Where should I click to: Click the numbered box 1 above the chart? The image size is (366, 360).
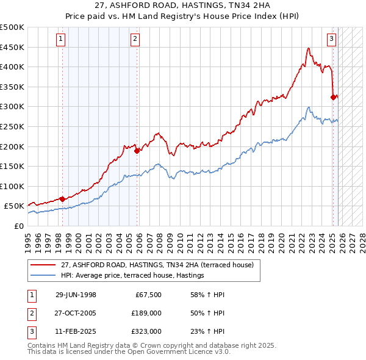62,40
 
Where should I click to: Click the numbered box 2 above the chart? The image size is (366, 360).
134,40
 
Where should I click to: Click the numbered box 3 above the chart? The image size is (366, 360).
331,40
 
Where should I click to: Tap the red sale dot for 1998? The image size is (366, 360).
62,198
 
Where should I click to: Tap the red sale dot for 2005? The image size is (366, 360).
137,150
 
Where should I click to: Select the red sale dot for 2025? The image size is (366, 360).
333,97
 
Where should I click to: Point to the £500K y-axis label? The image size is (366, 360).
12,27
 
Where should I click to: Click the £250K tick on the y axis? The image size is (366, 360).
12,126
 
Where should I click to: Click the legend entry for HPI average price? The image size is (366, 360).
132,276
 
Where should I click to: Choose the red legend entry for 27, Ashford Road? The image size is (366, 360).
151,265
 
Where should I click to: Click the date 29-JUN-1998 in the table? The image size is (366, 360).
76,295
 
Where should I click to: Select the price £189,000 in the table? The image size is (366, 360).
146,313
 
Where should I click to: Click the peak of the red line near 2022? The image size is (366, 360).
309,48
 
